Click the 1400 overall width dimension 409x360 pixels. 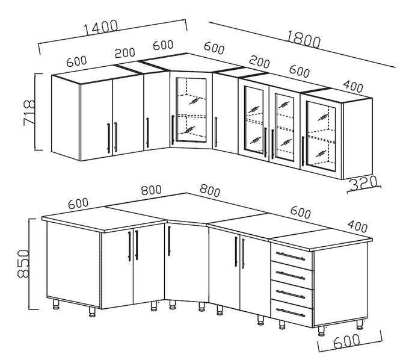pos(100,27)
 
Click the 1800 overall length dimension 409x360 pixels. pos(303,39)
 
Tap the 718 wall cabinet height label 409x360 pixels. pos(29,112)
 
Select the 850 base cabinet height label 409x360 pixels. pos(23,264)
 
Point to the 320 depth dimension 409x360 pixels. pos(363,183)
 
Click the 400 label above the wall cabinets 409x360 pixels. pos(353,87)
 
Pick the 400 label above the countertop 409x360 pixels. pos(358,226)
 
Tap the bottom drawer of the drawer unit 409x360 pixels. pos(292,312)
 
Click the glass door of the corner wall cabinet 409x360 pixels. pos(191,110)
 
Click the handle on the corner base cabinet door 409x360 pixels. pos(169,241)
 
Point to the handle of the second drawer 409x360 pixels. pos(291,275)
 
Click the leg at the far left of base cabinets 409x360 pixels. pos(55,305)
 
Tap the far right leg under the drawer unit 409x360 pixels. pos(360,324)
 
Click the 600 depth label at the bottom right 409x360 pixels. pos(346,341)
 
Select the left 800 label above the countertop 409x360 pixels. pos(152,190)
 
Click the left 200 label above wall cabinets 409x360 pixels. pos(125,52)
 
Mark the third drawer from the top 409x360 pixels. pos(292,294)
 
